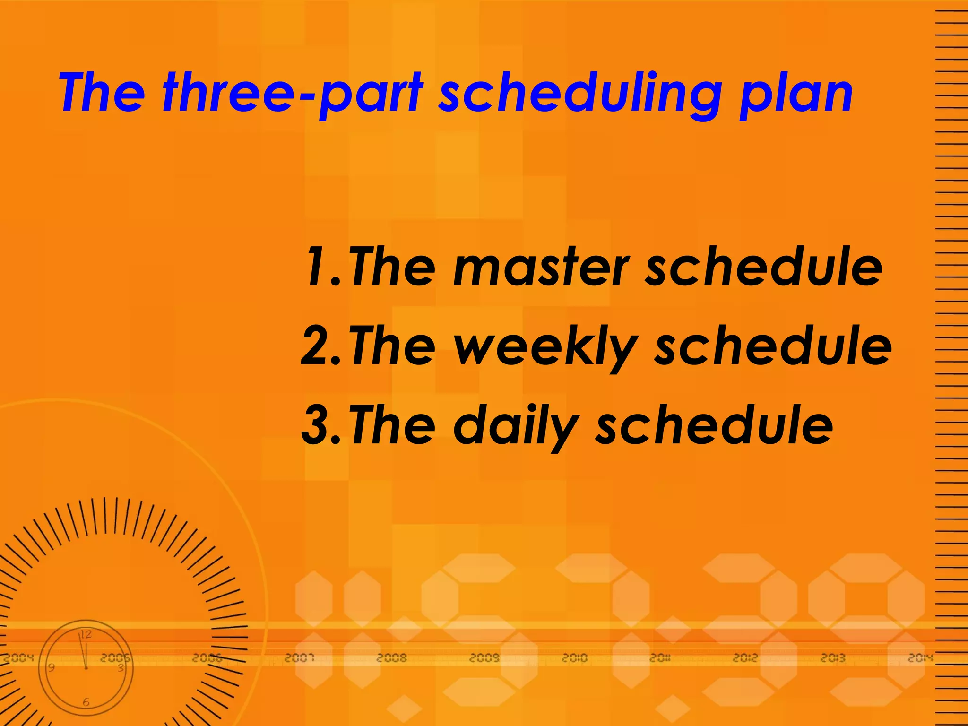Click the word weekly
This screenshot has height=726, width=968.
click(546, 347)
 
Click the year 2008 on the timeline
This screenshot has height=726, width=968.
click(392, 657)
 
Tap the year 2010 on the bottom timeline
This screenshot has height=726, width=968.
click(574, 657)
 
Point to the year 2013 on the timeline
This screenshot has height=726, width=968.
click(833, 657)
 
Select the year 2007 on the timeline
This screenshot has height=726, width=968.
click(300, 657)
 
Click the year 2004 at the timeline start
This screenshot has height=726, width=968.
click(19, 657)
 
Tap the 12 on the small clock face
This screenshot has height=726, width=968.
click(86, 634)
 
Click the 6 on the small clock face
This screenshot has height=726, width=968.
click(86, 702)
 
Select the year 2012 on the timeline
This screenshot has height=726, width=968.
click(745, 657)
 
